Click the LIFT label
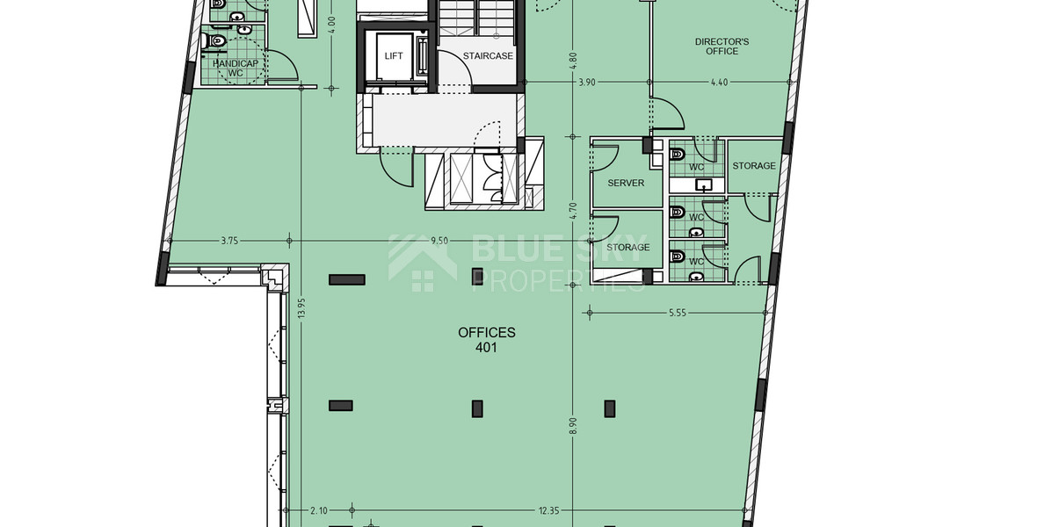click(x=394, y=56)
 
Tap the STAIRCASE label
click(x=488, y=56)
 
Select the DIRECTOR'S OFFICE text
click(x=722, y=47)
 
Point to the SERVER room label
click(x=626, y=184)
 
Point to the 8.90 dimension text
click(x=573, y=424)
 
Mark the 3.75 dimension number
click(x=230, y=240)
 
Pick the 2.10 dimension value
click(x=318, y=509)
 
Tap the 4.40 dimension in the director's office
click(x=721, y=83)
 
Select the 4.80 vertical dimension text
click(x=573, y=61)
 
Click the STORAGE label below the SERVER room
click(x=628, y=248)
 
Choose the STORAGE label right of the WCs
click(x=754, y=166)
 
